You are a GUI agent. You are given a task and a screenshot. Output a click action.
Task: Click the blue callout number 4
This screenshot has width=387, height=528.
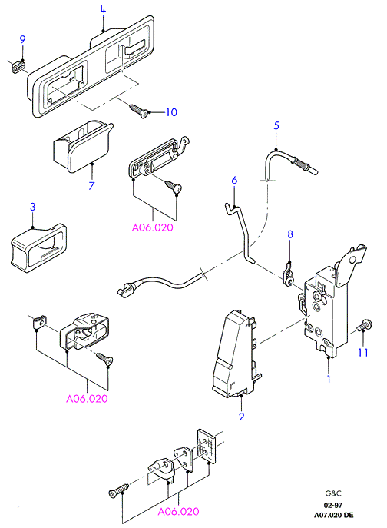[x=103, y=10]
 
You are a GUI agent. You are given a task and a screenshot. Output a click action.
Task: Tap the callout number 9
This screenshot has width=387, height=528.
[x=22, y=39]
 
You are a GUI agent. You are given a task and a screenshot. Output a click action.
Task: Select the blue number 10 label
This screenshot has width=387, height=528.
[x=171, y=112]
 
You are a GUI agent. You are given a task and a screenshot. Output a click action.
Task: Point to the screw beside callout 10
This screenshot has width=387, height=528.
[x=139, y=111]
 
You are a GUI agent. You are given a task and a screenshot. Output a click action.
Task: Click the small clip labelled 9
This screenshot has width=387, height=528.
[x=17, y=65]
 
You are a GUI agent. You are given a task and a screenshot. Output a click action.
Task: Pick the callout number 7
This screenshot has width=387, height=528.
[x=91, y=185]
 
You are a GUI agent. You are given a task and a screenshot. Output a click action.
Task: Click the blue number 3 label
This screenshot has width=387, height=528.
[x=33, y=207]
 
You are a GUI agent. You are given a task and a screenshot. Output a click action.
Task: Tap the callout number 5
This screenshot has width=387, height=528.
[x=276, y=126]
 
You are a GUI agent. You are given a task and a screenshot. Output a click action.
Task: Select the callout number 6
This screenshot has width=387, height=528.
[x=234, y=180]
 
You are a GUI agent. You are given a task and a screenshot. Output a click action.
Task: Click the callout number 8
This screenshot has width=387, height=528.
[x=290, y=234]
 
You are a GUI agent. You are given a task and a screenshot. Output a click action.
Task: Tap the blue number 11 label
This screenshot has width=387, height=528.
[x=362, y=353]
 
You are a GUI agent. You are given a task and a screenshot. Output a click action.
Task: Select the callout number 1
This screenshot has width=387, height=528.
[x=329, y=379]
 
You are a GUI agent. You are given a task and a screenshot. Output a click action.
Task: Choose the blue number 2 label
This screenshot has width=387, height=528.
[x=241, y=417]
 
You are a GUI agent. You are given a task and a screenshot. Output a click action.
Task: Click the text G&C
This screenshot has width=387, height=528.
[x=333, y=493]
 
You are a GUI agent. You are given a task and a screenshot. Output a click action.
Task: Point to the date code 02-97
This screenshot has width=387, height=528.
[x=333, y=506]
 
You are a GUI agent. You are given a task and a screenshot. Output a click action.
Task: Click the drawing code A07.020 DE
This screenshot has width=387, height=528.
[x=334, y=515]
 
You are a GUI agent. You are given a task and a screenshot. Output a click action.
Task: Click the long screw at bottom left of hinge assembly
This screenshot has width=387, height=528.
[x=119, y=490]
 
